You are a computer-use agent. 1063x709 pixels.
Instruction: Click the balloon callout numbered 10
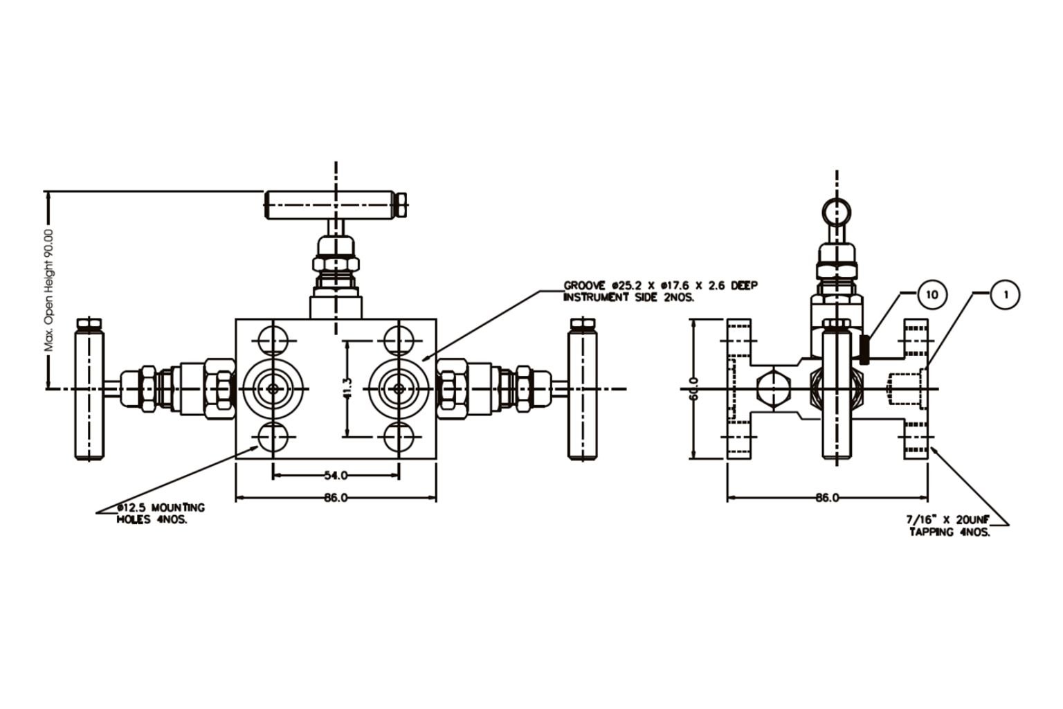(932, 294)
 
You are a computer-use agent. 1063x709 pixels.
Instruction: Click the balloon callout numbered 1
(1005, 294)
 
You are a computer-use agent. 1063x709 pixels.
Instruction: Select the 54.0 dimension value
(336, 475)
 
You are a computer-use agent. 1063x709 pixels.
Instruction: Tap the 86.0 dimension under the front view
(336, 498)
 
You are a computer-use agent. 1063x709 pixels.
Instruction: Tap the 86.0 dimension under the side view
(827, 498)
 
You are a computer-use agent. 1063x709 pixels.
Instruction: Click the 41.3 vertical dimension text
(347, 388)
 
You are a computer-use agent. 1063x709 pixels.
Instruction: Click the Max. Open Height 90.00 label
(49, 291)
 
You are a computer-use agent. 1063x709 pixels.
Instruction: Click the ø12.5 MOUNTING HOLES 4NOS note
(161, 513)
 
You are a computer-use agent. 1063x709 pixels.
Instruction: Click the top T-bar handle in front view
(332, 204)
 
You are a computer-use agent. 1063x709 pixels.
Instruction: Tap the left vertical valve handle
(90, 391)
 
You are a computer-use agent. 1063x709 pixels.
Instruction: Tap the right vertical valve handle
(582, 391)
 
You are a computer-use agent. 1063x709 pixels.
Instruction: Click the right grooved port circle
(399, 388)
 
